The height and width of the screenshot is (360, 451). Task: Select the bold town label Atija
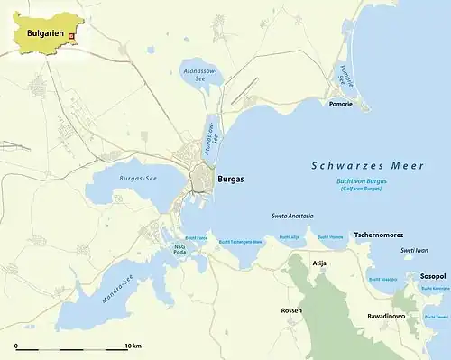tap(318, 263)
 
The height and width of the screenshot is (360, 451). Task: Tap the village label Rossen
tap(291, 310)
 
